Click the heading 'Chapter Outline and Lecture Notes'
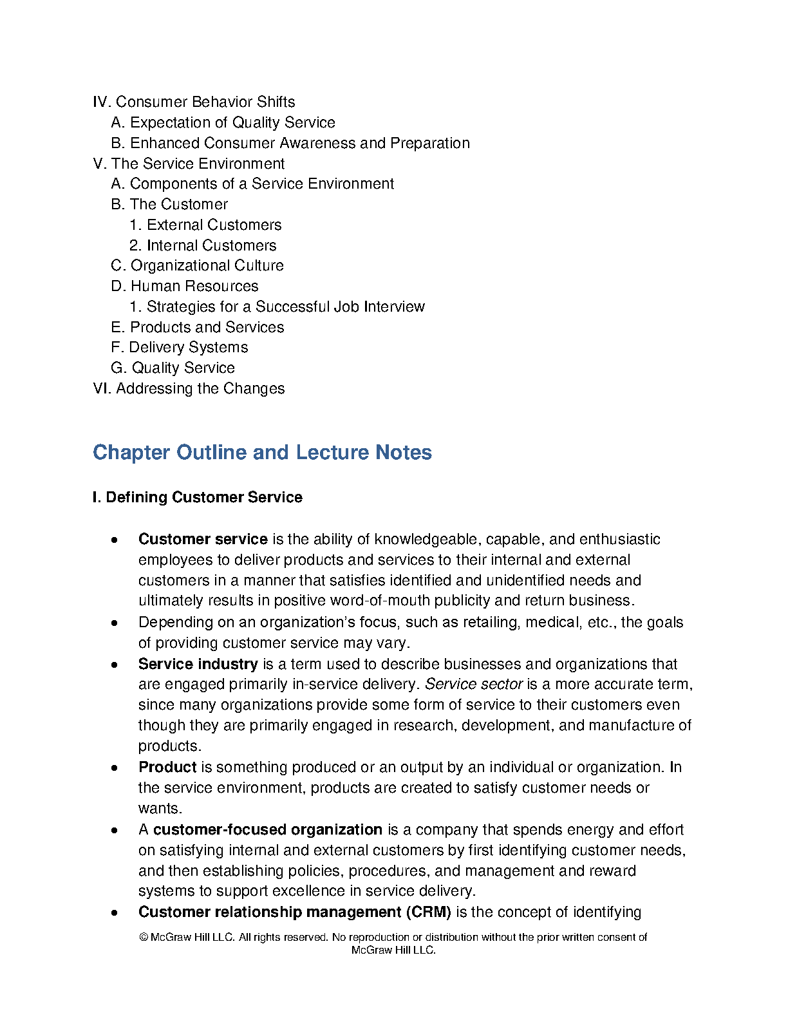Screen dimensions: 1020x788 tap(262, 452)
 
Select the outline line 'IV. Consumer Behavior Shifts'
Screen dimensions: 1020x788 tap(194, 102)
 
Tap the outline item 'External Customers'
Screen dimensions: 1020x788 tap(214, 225)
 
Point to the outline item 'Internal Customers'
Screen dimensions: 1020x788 tap(211, 245)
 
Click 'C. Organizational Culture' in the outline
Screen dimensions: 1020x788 tap(197, 265)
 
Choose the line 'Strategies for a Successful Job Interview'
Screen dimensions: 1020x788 tap(285, 307)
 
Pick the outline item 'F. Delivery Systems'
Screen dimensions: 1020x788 tap(179, 347)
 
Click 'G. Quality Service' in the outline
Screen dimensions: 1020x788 tap(173, 368)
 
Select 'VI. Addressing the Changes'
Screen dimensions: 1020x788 tap(189, 388)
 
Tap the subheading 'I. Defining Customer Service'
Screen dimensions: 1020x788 tap(197, 497)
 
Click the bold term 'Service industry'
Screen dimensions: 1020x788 tap(198, 664)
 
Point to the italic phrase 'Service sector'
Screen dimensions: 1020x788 tap(474, 684)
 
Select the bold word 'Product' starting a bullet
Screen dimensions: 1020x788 tap(167, 767)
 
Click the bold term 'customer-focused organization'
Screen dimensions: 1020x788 tap(267, 829)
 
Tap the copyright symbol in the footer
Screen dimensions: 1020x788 tap(144, 938)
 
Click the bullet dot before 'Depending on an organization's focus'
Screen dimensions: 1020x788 tap(115, 623)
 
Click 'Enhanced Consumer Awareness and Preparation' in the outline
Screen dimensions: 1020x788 tap(299, 143)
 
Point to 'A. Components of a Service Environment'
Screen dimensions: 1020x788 tap(252, 184)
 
